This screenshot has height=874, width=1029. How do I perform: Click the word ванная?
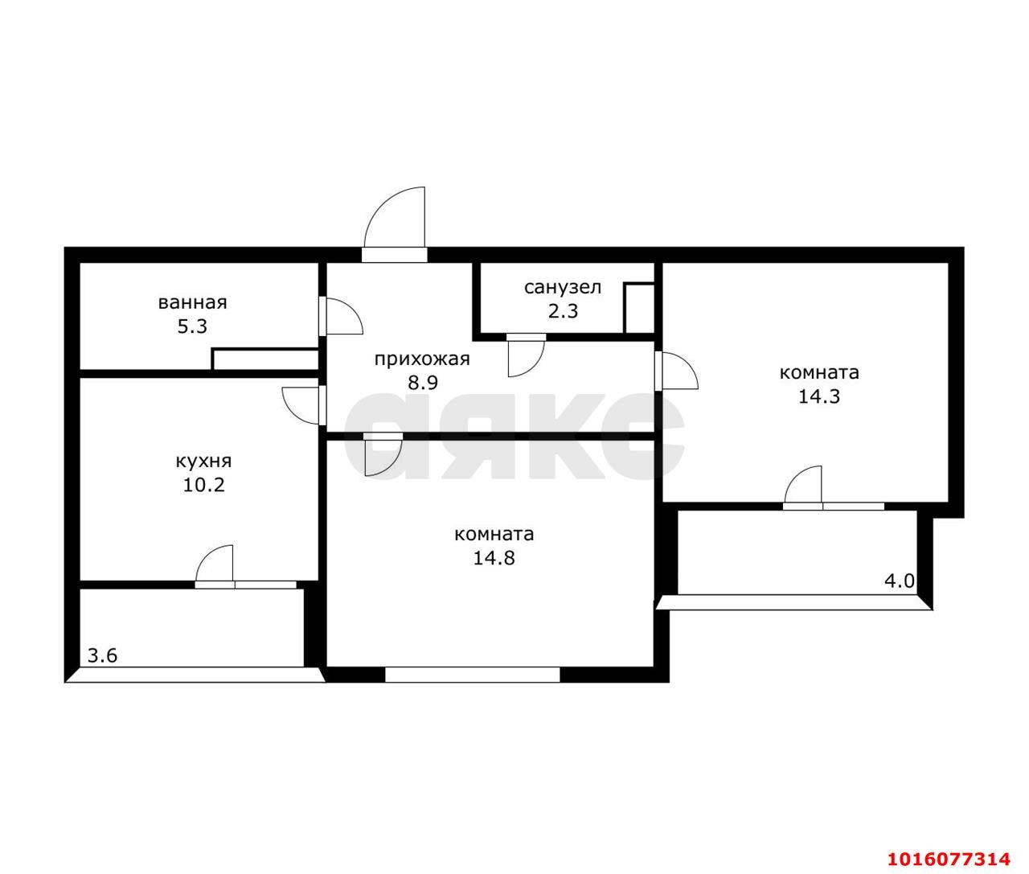click(x=192, y=303)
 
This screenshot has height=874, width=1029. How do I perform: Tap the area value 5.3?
click(x=192, y=326)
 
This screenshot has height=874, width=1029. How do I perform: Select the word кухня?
click(x=203, y=462)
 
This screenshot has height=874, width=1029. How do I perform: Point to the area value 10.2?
click(x=203, y=485)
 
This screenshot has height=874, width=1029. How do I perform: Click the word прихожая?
click(x=422, y=359)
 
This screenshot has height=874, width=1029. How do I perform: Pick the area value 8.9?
click(x=423, y=383)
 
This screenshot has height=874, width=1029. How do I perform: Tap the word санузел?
click(x=563, y=287)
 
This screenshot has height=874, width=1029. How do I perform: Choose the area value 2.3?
click(x=563, y=311)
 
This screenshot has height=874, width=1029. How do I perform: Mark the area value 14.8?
click(x=494, y=558)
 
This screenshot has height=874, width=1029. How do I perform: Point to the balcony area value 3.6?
click(x=103, y=655)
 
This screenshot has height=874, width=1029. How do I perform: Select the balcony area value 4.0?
click(x=900, y=581)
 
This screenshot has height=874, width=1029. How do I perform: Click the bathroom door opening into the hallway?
click(x=341, y=316)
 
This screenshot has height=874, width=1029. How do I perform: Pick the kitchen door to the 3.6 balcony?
click(x=214, y=567)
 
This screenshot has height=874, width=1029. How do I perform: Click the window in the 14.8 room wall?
click(x=473, y=675)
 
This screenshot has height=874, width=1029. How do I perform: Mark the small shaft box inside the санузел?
click(x=639, y=309)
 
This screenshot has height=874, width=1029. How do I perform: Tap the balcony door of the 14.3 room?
click(x=803, y=487)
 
